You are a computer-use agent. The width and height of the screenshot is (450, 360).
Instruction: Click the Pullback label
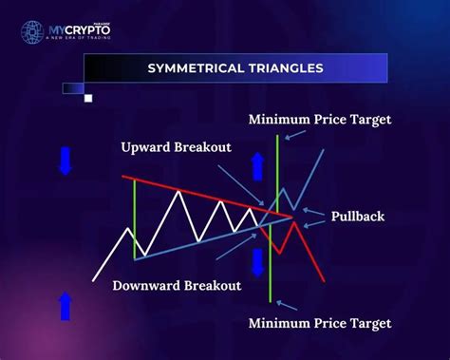(357, 217)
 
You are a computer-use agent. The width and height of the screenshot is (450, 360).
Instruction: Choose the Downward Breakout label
(176, 285)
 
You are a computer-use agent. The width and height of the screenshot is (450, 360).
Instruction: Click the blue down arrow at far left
(65, 161)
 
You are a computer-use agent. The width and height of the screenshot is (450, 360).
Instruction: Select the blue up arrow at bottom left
(66, 307)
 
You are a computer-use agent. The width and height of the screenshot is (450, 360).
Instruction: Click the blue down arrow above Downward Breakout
(257, 261)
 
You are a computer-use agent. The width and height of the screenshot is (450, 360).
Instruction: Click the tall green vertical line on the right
(274, 218)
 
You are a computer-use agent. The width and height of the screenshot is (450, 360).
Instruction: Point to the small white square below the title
(88, 97)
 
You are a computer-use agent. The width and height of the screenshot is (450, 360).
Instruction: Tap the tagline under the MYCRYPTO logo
(80, 40)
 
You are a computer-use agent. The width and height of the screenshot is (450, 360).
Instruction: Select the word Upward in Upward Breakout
(148, 147)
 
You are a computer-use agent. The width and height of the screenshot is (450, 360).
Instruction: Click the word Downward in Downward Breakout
(146, 285)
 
